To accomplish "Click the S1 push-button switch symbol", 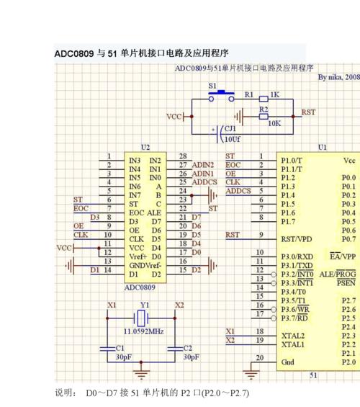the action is pyautogui.click(x=221, y=96).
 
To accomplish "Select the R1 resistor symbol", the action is pyautogui.click(x=264, y=99).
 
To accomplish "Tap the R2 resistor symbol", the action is pyautogui.click(x=264, y=117).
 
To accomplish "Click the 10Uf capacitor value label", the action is pyautogui.click(x=232, y=139).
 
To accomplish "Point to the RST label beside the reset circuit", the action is pyautogui.click(x=308, y=112).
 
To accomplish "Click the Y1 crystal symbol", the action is pyautogui.click(x=141, y=318).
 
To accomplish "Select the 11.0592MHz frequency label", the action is pyautogui.click(x=144, y=331).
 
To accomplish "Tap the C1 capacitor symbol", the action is pyautogui.click(x=107, y=349).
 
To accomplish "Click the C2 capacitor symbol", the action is pyautogui.click(x=175, y=349).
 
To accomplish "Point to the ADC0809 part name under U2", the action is pyautogui.click(x=140, y=287).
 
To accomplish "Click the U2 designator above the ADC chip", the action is pyautogui.click(x=145, y=148).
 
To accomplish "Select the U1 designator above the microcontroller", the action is pyautogui.click(x=322, y=148).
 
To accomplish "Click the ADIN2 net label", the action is pyautogui.click(x=203, y=165).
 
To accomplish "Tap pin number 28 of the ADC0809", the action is pyautogui.click(x=183, y=156).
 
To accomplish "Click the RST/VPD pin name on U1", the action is pyautogui.click(x=297, y=239).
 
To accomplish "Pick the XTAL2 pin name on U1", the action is pyautogui.click(x=293, y=336).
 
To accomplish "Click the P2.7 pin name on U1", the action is pyautogui.click(x=348, y=301).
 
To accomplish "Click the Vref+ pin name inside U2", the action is pyautogui.click(x=138, y=256).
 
